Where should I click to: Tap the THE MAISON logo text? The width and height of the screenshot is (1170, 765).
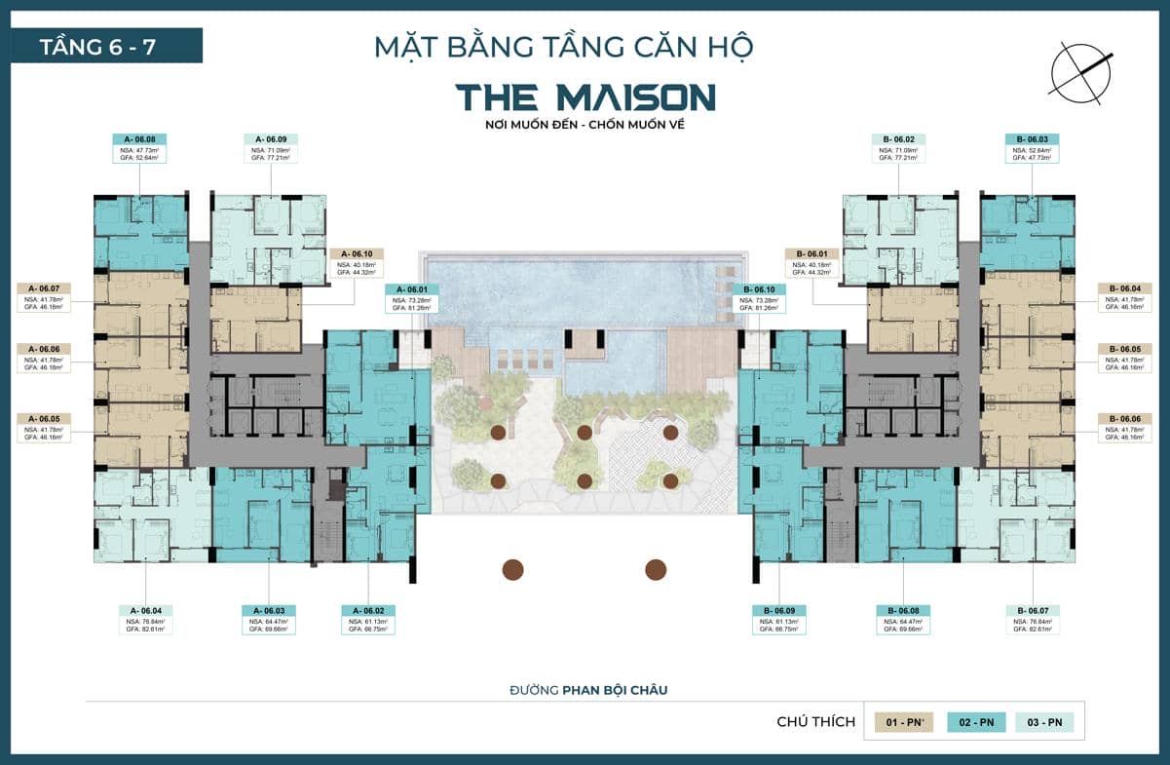click(585, 97)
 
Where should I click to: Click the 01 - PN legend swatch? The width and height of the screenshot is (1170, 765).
click(903, 722)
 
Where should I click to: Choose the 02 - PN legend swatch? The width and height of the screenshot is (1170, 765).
click(976, 722)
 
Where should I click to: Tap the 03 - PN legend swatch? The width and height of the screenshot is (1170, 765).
click(1044, 722)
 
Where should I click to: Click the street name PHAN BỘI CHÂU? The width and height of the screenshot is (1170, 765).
click(615, 690)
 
